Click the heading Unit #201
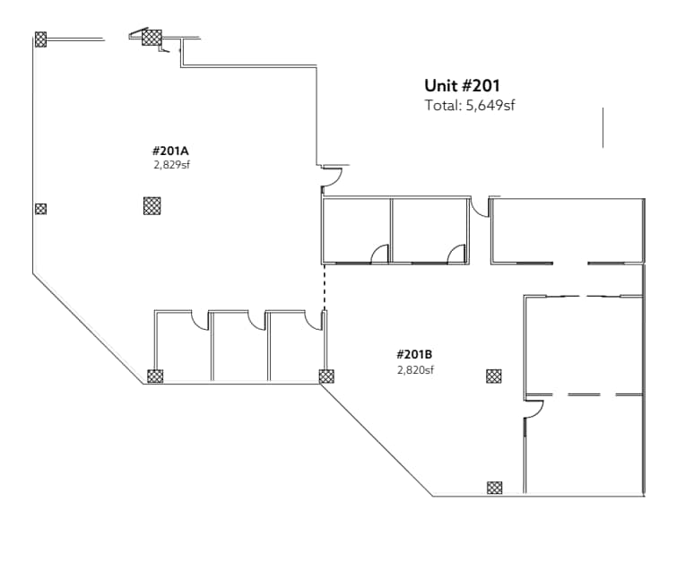462,86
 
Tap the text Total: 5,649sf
469,106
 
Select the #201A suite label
171,151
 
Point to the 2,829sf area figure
171,165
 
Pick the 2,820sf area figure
415,369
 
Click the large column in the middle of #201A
152,206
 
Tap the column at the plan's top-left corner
40,39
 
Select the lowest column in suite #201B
494,488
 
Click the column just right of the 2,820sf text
494,376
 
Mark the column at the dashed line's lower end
326,376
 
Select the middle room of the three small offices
239,350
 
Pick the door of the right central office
457,253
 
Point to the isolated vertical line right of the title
603,127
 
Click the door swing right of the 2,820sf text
534,411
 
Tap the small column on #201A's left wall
40,209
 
